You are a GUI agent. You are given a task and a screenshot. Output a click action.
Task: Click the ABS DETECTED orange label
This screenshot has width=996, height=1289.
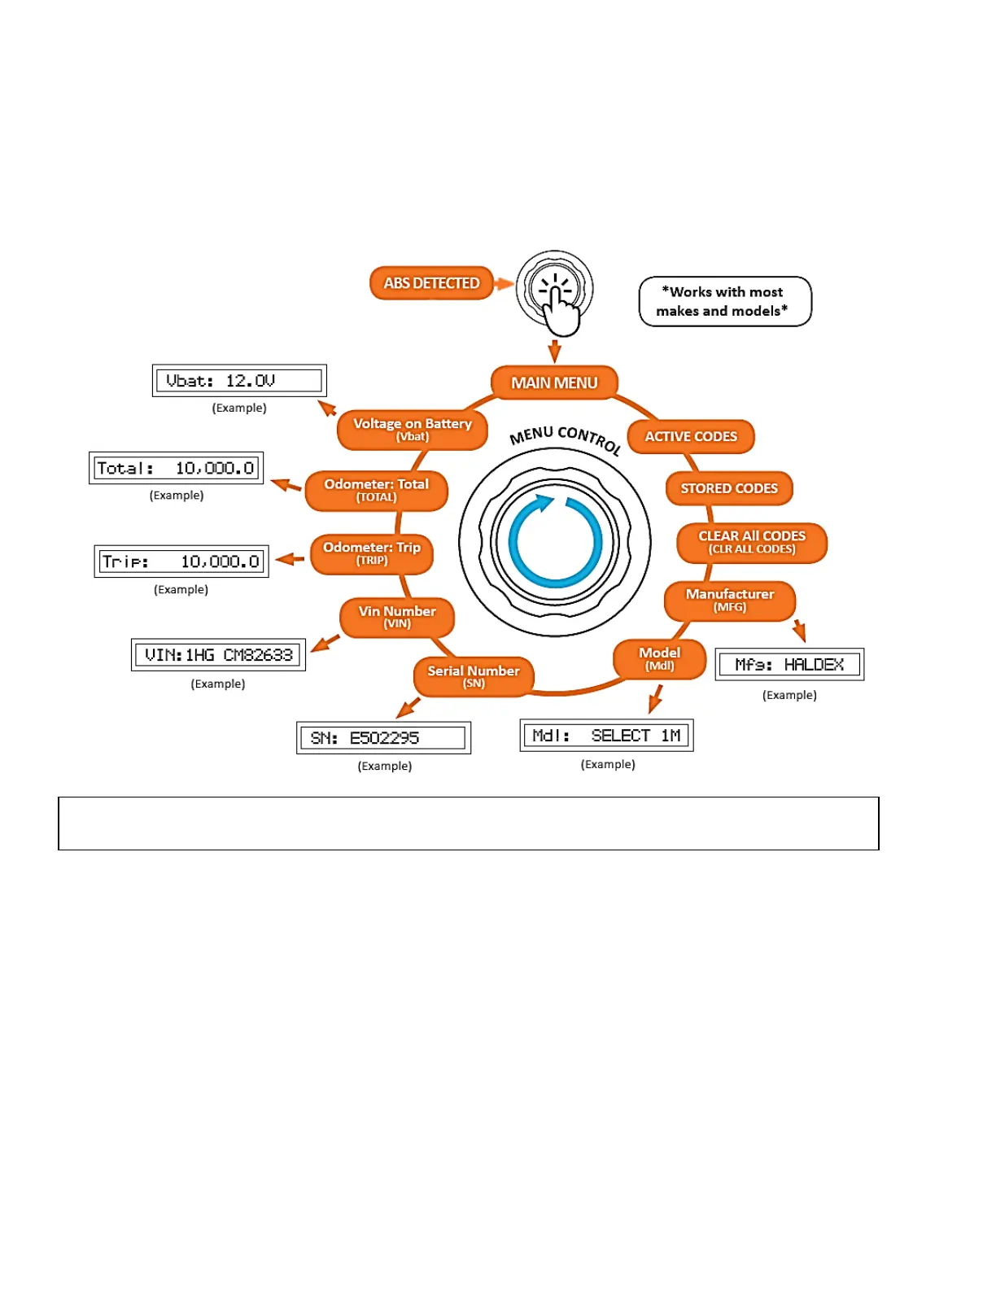431,283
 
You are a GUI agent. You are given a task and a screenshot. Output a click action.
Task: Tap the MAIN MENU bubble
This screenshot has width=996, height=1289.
554,382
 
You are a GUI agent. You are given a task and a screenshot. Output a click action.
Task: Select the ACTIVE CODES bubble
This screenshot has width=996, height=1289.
691,437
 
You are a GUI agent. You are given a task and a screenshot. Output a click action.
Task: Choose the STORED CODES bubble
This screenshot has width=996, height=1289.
729,488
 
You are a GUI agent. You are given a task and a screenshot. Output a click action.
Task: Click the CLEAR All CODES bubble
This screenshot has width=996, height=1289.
752,542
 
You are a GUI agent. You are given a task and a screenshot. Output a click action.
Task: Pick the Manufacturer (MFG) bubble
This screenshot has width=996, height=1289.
729,601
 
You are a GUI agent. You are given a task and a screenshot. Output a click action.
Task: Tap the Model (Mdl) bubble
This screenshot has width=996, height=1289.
659,659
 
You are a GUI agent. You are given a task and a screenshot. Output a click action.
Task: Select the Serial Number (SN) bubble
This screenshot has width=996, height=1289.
474,676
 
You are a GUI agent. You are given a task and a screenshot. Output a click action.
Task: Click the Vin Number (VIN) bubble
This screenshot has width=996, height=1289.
397,617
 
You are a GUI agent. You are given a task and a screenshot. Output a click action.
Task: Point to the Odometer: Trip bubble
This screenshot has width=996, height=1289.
372,553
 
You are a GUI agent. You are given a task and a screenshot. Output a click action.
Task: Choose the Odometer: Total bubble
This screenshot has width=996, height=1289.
376,490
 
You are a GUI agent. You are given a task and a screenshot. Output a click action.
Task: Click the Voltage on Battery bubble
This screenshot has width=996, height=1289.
413,429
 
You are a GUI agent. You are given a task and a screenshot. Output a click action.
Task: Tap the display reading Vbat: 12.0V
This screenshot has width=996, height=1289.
239,381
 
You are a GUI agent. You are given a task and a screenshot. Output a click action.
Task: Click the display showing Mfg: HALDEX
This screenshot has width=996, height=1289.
789,665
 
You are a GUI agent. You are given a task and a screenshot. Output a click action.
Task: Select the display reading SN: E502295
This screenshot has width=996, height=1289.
383,738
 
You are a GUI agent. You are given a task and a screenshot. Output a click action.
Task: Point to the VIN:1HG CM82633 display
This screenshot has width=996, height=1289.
218,655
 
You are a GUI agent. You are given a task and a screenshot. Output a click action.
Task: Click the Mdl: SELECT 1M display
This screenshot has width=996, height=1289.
606,736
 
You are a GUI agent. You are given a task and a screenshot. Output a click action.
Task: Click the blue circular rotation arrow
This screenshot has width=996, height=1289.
555,541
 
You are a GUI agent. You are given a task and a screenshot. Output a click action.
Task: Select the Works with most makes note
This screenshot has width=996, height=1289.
725,301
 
